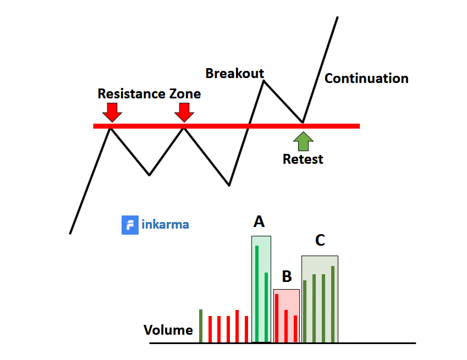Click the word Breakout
pos(234,73)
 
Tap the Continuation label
pos(366,78)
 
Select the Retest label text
pos(303,159)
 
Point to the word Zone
pos(184,93)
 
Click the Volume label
pos(168,330)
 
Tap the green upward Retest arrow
pos(303,141)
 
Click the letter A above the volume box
pos(259,222)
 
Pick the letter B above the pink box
pos(287,276)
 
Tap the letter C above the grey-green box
pos(320,240)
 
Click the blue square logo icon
pos(130,225)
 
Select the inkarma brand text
pos(165,225)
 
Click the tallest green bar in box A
pos(257,293)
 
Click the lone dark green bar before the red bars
pos(201,325)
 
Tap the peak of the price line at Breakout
pos(264,81)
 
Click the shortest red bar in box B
pos(295,328)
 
